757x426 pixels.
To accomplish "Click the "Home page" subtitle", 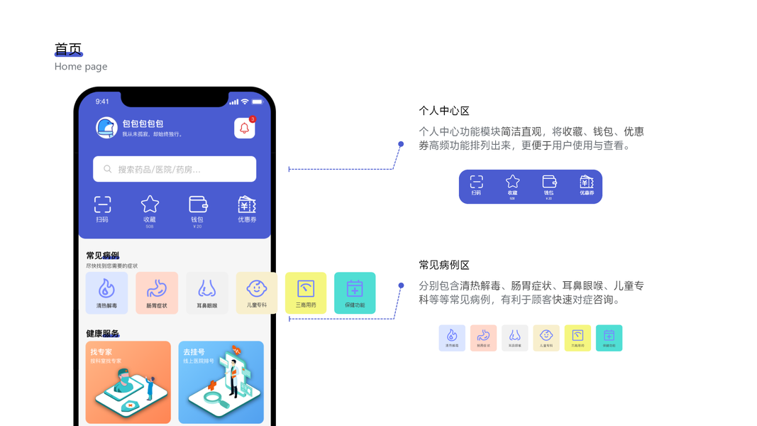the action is (81, 67).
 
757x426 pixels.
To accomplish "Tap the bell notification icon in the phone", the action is (244, 129).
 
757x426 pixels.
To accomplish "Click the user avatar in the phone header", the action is (106, 128).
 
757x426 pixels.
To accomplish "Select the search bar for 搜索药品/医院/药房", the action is (175, 170).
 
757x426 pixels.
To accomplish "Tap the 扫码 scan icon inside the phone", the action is (102, 205).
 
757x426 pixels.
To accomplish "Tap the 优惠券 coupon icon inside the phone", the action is (247, 205).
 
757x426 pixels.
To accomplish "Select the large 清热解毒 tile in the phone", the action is (106, 293).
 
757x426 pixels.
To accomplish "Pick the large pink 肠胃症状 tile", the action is (157, 293).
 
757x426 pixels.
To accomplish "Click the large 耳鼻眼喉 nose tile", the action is (207, 293).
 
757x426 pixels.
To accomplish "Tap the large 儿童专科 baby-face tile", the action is (256, 293).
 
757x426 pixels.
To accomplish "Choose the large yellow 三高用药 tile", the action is (306, 293).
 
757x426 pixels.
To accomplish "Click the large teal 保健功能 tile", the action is (355, 293).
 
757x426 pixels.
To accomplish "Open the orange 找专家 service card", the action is (128, 382).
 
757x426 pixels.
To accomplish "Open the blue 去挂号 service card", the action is (221, 382).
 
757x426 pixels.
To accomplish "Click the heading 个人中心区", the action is (444, 111).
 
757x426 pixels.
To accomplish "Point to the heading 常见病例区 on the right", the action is (444, 266).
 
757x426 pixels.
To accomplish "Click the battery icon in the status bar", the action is (257, 102).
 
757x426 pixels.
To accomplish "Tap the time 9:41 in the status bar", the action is (102, 102).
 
